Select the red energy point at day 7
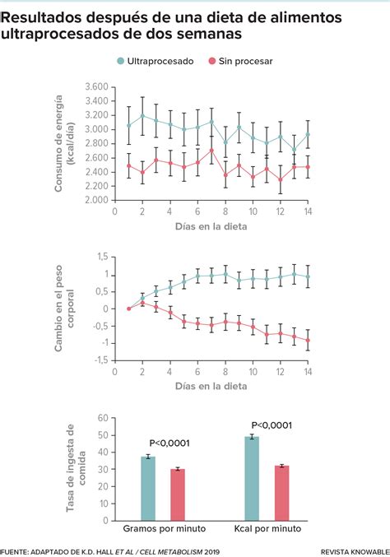click(x=211, y=151)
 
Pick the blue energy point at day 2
click(x=142, y=116)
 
